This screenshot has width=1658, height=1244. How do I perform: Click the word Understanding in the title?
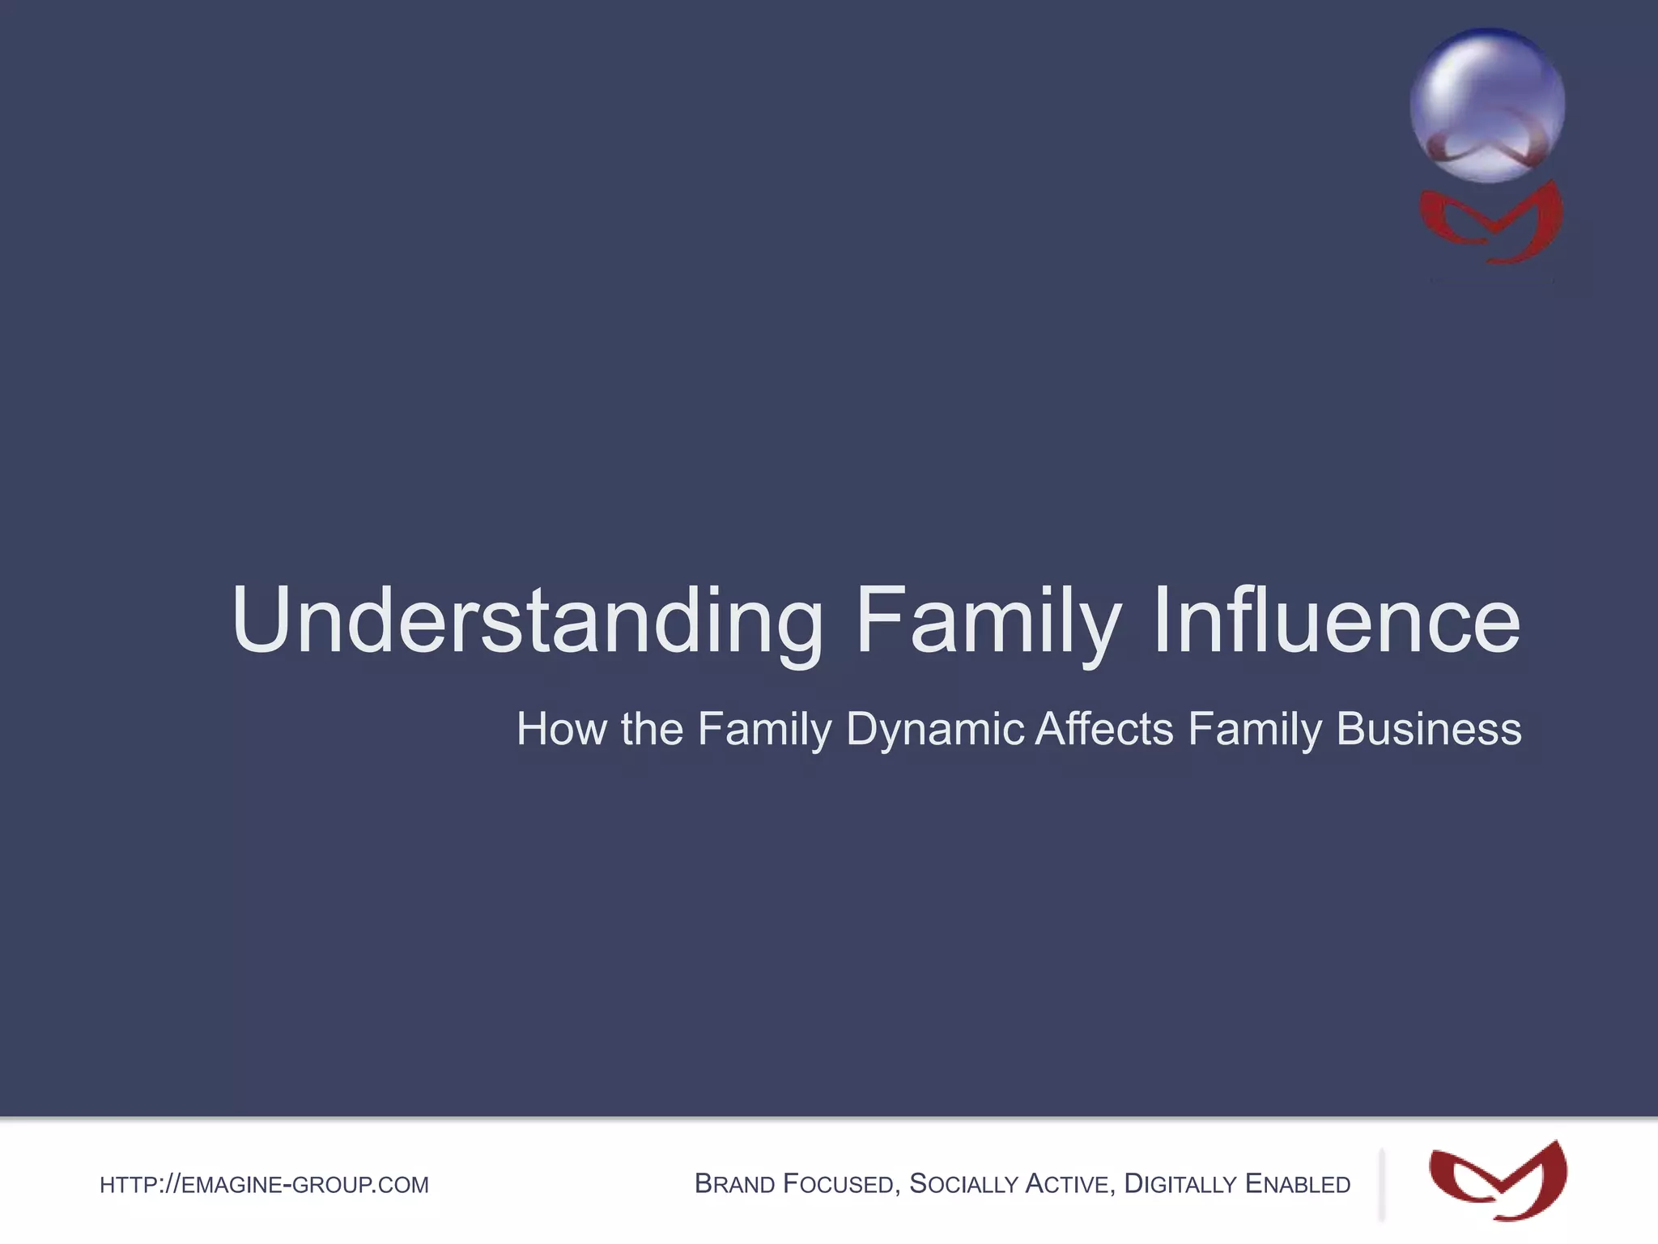click(526, 621)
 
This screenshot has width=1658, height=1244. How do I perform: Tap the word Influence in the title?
click(1336, 621)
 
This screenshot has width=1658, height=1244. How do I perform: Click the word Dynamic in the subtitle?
click(935, 729)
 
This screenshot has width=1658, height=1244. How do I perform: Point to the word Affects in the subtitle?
click(1104, 729)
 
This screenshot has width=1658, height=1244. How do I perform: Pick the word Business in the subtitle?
click(1429, 729)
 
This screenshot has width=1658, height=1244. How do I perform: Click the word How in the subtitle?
click(561, 729)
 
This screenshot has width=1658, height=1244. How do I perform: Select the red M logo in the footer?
click(1498, 1181)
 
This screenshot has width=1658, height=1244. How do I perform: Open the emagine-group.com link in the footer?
click(264, 1185)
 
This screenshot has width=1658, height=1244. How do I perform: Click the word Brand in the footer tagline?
click(734, 1184)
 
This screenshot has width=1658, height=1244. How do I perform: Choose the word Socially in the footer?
click(963, 1184)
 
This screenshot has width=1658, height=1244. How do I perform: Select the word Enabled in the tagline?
click(1298, 1184)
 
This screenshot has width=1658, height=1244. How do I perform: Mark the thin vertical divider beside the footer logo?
click(1381, 1184)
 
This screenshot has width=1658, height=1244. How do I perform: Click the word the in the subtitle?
click(652, 729)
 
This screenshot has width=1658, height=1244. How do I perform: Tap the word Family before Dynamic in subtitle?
click(764, 729)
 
